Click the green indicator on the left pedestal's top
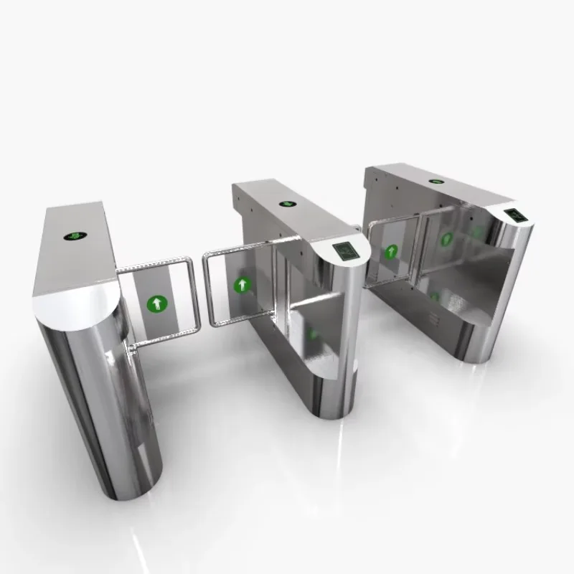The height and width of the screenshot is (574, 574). [73, 235]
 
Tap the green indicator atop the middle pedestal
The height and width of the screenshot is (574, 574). [288, 204]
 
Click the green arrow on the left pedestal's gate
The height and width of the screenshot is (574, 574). [156, 304]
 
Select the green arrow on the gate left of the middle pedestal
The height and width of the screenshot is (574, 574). [243, 286]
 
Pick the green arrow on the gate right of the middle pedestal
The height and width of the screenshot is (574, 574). [392, 252]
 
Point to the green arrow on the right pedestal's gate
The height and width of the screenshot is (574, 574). [446, 239]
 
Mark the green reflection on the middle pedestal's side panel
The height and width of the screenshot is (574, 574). [312, 334]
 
